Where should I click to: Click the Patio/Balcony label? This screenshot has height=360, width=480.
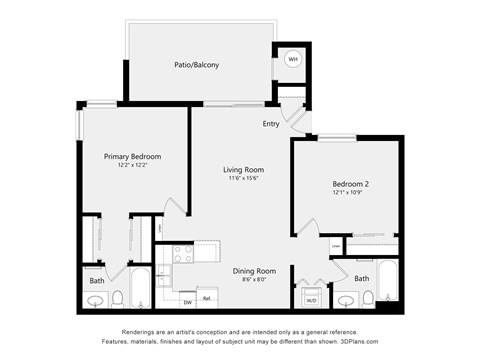click(196, 65)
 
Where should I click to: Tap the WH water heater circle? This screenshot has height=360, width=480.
click(293, 59)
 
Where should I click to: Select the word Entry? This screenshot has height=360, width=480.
click(271, 124)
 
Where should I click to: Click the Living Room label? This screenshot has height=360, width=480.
click(242, 170)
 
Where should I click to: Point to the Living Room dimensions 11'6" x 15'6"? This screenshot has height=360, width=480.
click(242, 180)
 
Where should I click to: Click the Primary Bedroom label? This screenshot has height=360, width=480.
click(132, 156)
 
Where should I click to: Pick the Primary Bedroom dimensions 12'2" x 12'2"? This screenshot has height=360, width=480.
click(132, 165)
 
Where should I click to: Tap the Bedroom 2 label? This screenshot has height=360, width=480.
click(351, 184)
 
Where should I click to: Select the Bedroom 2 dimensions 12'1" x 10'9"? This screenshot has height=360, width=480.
click(351, 193)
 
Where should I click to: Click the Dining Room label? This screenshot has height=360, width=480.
click(254, 271)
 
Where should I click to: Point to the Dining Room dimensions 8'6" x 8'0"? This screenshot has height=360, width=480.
click(254, 281)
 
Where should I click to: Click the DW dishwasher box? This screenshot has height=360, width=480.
click(187, 300)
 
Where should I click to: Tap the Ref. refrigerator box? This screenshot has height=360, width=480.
click(207, 298)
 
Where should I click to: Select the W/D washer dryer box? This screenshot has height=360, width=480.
click(311, 299)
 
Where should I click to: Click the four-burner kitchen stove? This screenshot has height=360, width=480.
click(183, 255)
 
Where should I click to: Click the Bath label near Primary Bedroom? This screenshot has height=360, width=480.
click(97, 281)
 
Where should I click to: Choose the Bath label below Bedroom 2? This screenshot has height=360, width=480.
click(361, 278)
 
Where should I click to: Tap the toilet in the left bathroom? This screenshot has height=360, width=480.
click(117, 297)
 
